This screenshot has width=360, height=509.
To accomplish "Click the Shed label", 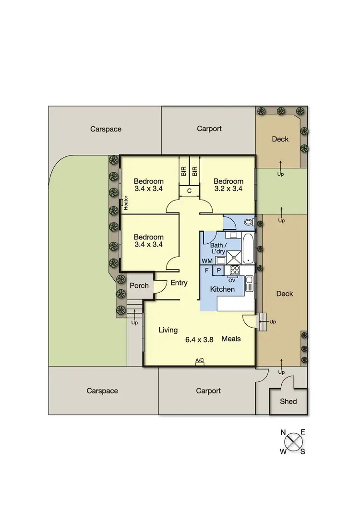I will tap(288, 402).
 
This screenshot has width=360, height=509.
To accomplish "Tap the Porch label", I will tap(139, 286).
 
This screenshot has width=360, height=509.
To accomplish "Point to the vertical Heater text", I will tap(126, 203).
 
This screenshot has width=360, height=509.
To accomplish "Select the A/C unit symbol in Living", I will tap(200, 363).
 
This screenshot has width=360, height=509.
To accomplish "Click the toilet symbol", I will tap(248, 222).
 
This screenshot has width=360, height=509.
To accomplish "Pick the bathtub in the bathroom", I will tap(250, 248).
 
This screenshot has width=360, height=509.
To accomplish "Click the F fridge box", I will tap(206, 271).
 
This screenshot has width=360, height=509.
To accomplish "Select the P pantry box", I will tap(218, 271).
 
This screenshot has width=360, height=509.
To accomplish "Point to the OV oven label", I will tap(231, 280).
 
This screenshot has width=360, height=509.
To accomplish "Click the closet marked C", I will tap(190, 191).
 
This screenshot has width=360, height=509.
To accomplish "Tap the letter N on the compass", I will tap(283, 432).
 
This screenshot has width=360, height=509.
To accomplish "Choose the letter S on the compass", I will tap(303, 451).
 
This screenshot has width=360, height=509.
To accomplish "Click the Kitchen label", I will tap(223, 289).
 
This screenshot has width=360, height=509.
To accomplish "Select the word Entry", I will tap(179, 283).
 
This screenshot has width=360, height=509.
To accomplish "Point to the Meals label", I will tap(231, 339).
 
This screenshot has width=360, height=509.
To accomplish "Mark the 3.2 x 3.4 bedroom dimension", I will tap(228, 189).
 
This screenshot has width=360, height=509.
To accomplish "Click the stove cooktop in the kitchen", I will tap(236, 271).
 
